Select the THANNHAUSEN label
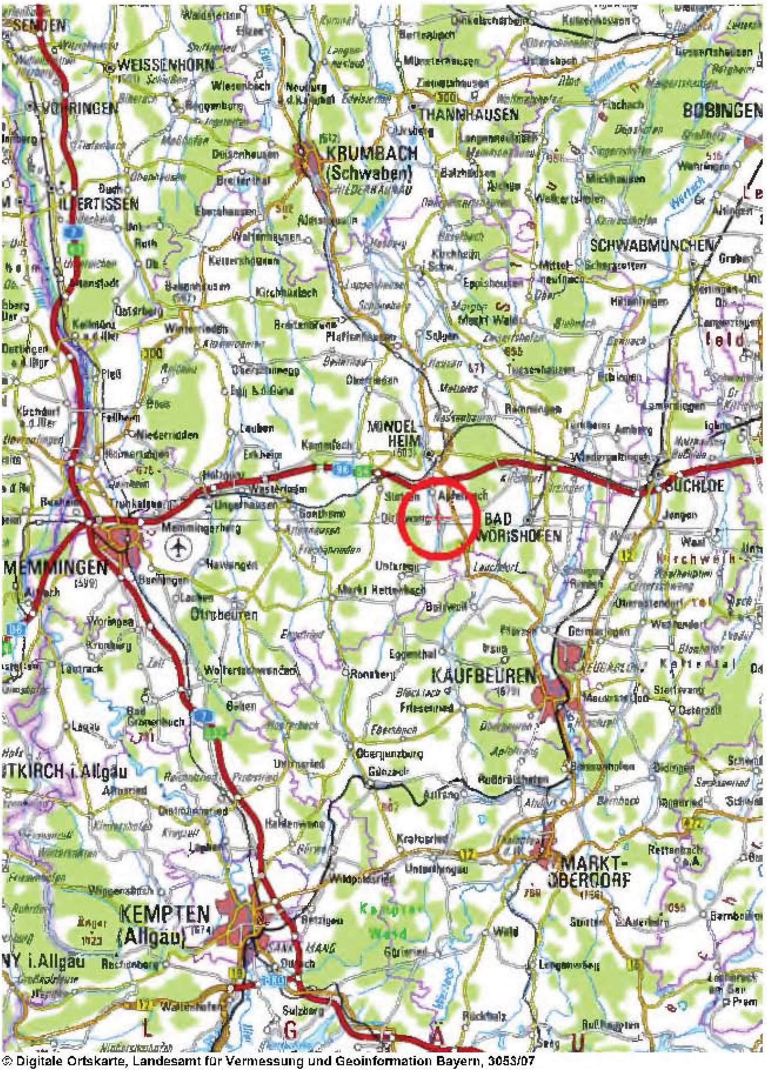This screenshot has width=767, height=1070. coord(468,114)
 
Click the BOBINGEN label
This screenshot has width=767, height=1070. coord(722,111)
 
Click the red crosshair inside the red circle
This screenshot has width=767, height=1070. coord(439,518)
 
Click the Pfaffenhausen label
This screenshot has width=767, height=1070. coord(361,337)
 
